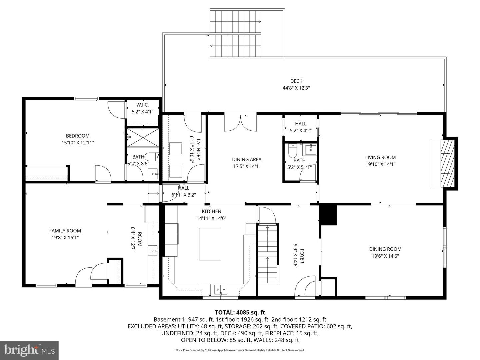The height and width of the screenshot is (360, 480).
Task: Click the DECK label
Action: [x=296, y=81]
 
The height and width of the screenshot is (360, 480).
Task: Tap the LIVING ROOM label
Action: [x=380, y=157]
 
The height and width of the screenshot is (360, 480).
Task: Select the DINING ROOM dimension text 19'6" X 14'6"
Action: [x=385, y=256]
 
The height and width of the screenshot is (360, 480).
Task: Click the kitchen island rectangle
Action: [x=210, y=244]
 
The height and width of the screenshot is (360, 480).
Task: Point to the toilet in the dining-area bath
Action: [x=292, y=151]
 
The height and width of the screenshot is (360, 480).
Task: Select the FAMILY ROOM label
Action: [x=65, y=231]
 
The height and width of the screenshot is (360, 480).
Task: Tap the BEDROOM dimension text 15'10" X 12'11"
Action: [x=78, y=143]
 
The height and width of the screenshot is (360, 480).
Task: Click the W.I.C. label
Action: [x=142, y=105]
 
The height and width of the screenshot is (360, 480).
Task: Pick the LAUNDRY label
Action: [x=199, y=149]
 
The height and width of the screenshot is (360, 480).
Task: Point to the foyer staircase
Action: [x=268, y=253]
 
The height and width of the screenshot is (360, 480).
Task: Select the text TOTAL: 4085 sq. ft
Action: [x=240, y=312]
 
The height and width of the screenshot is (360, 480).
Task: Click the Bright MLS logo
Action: [x=29, y=350]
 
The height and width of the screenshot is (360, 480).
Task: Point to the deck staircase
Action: [x=235, y=34]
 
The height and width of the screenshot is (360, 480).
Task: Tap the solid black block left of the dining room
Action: [x=328, y=215]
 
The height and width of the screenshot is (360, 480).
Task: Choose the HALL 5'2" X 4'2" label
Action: [x=301, y=127]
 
